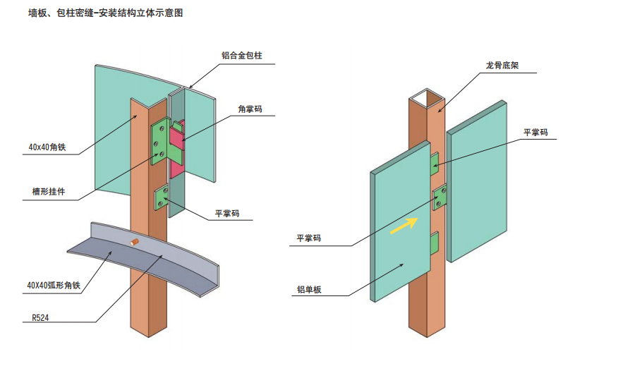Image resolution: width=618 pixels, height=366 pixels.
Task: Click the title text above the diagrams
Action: tap(105, 13)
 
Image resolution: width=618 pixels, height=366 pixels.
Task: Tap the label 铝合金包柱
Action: tap(241, 55)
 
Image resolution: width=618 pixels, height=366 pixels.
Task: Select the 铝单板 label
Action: tap(310, 289)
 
